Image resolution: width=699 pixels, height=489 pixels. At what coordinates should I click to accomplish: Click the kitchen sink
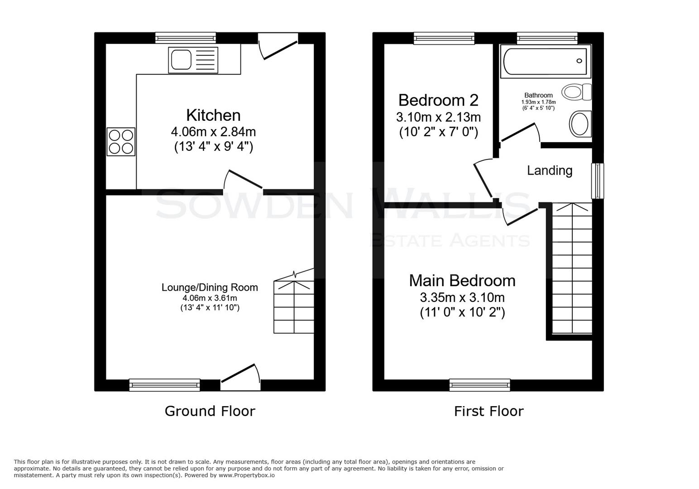click(x=193, y=60)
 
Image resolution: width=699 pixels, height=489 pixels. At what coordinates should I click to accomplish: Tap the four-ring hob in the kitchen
click(x=121, y=142)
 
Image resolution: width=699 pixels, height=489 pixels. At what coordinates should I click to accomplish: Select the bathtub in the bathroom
click(x=546, y=61)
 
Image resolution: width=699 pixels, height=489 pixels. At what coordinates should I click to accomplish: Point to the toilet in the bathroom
click(x=576, y=92)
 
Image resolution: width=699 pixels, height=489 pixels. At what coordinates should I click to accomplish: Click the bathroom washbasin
click(x=579, y=124)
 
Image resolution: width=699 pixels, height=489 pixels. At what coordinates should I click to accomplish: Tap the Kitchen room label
click(x=213, y=115)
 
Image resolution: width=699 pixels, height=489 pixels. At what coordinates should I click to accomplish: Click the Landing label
click(x=550, y=171)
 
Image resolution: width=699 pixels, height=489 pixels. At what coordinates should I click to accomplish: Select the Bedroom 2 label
click(x=438, y=100)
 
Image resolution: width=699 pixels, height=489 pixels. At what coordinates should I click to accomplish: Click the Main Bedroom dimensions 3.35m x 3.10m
click(x=462, y=298)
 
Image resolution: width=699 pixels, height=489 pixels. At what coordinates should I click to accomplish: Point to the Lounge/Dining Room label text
click(x=210, y=288)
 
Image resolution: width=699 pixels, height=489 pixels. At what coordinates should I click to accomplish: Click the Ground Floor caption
click(x=210, y=411)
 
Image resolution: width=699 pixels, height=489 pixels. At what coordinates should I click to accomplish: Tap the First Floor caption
click(x=488, y=411)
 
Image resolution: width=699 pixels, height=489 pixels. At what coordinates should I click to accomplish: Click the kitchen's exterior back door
click(x=278, y=48)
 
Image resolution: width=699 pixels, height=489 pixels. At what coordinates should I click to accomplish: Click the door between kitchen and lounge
click(x=244, y=180)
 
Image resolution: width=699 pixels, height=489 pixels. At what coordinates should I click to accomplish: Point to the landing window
click(x=598, y=181)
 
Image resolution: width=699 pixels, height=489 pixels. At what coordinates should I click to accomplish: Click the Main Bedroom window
click(x=479, y=385)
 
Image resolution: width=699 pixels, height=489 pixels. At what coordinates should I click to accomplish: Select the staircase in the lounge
click(x=294, y=307)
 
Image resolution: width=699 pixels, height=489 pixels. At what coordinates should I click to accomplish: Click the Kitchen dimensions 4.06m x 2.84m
click(x=213, y=132)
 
